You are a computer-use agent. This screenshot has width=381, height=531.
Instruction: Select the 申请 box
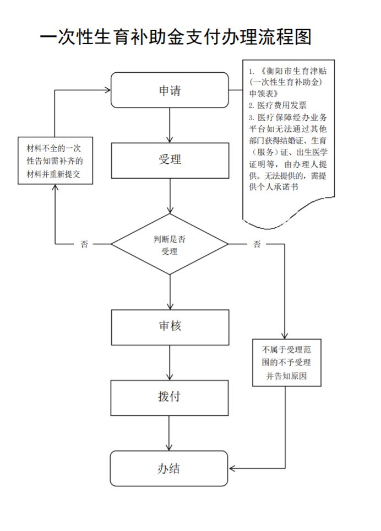pyautogui.click(x=170, y=90)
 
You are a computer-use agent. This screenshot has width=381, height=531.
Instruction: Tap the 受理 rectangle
pyautogui.click(x=170, y=160)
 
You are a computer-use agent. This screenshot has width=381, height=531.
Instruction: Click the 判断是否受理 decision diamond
pyautogui.click(x=170, y=244)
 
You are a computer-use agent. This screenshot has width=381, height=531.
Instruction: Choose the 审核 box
pyautogui.click(x=170, y=326)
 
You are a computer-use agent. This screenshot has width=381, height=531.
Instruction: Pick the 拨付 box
pyautogui.click(x=170, y=397)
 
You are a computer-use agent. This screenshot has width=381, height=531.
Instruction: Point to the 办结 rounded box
pyautogui.click(x=170, y=468)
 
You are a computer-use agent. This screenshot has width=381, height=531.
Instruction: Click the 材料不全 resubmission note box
pyautogui.click(x=55, y=160)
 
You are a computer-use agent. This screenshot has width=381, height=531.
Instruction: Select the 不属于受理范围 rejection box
pyautogui.click(x=286, y=362)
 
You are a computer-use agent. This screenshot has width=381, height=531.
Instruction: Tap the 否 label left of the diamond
pyautogui.click(x=84, y=244)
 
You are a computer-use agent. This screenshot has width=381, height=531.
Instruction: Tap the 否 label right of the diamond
pyautogui.click(x=257, y=244)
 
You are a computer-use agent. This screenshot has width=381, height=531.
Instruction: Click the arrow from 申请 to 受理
pyautogui.click(x=170, y=125)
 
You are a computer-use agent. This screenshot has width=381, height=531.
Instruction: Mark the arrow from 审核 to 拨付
pyautogui.click(x=170, y=362)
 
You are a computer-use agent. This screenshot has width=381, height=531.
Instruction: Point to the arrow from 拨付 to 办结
pyautogui.click(x=170, y=433)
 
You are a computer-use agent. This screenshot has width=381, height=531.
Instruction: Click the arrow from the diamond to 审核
pyautogui.click(x=170, y=292)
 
